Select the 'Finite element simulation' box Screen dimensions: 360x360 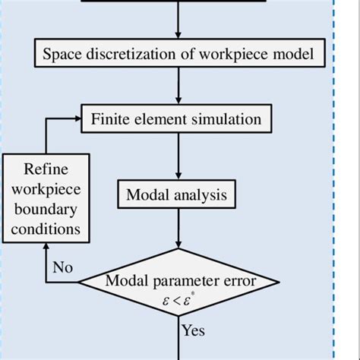pyautogui.click(x=176, y=119)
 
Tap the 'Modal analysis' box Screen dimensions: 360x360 pyautogui.click(x=176, y=195)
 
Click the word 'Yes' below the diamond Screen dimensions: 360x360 pyautogui.click(x=194, y=330)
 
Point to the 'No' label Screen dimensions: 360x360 pyautogui.click(x=64, y=267)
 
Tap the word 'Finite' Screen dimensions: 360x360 pyautogui.click(x=110, y=119)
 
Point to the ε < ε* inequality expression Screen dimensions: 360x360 pyautogui.click(x=180, y=300)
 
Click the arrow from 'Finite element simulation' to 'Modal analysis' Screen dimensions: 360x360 pyautogui.click(x=179, y=156)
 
